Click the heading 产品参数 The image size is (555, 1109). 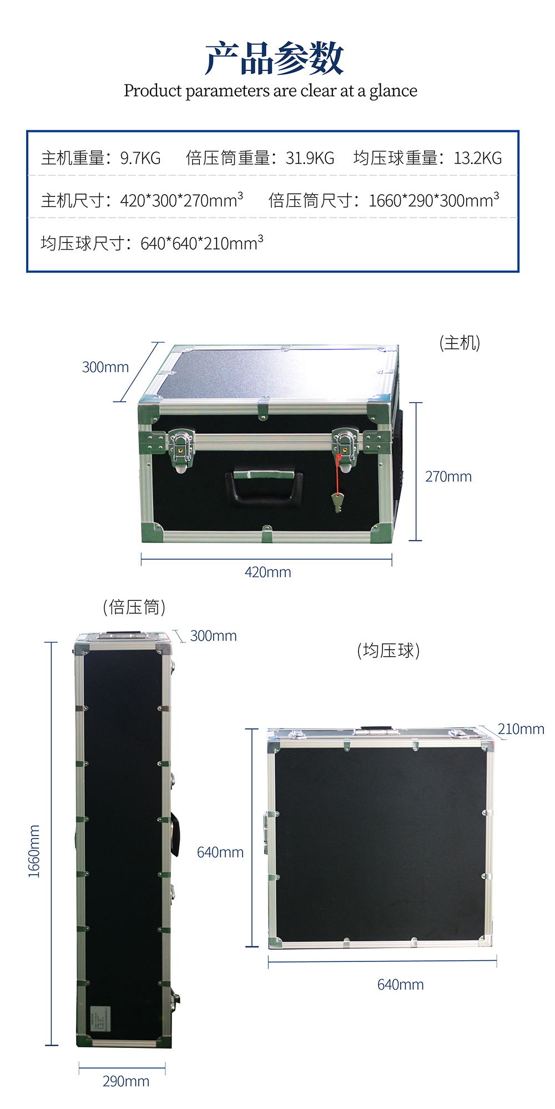[274, 58]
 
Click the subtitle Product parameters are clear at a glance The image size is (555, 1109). [270, 90]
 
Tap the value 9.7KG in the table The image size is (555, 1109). [140, 158]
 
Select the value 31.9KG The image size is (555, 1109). [310, 158]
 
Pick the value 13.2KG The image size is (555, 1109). [478, 158]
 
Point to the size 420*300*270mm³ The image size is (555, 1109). [181, 200]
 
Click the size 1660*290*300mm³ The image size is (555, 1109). [434, 200]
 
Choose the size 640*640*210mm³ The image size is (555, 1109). [202, 242]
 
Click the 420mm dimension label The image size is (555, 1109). [268, 572]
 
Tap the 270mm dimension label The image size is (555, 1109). [448, 477]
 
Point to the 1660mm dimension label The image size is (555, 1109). [34, 851]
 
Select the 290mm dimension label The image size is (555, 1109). [126, 1081]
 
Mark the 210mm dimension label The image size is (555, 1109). [521, 729]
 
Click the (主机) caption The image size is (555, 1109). [460, 343]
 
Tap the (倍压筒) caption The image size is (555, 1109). [134, 607]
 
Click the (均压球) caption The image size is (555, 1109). [389, 650]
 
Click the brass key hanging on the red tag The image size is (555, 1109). [337, 503]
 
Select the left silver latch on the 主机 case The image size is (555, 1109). [180, 449]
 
